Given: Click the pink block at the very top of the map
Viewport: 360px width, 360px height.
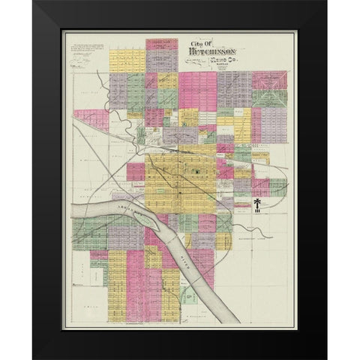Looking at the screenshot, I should (x=161, y=44).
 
